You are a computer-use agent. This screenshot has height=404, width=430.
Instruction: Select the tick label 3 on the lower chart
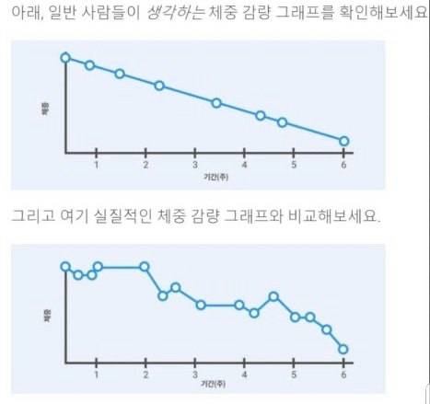tap(194, 375)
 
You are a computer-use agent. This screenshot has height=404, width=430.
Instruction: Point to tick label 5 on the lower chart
tap(294, 375)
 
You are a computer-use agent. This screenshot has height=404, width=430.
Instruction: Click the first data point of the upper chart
tap(65, 57)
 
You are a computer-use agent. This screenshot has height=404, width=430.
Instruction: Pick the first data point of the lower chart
tap(65, 267)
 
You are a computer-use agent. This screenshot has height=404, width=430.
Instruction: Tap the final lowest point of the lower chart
tap(343, 349)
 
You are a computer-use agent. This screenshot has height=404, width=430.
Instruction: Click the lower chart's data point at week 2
tap(145, 267)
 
